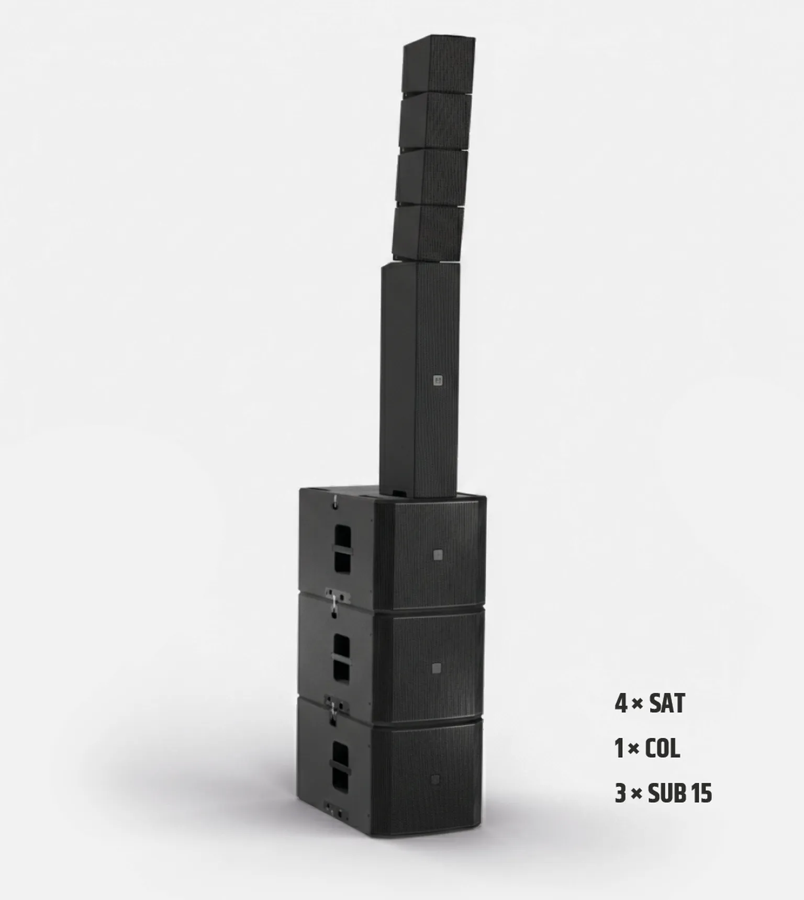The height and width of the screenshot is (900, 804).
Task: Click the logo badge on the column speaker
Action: (x=438, y=381)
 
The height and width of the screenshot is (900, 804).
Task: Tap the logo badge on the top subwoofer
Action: (x=438, y=555)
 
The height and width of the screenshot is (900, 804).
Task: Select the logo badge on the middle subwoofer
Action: (x=437, y=668)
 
